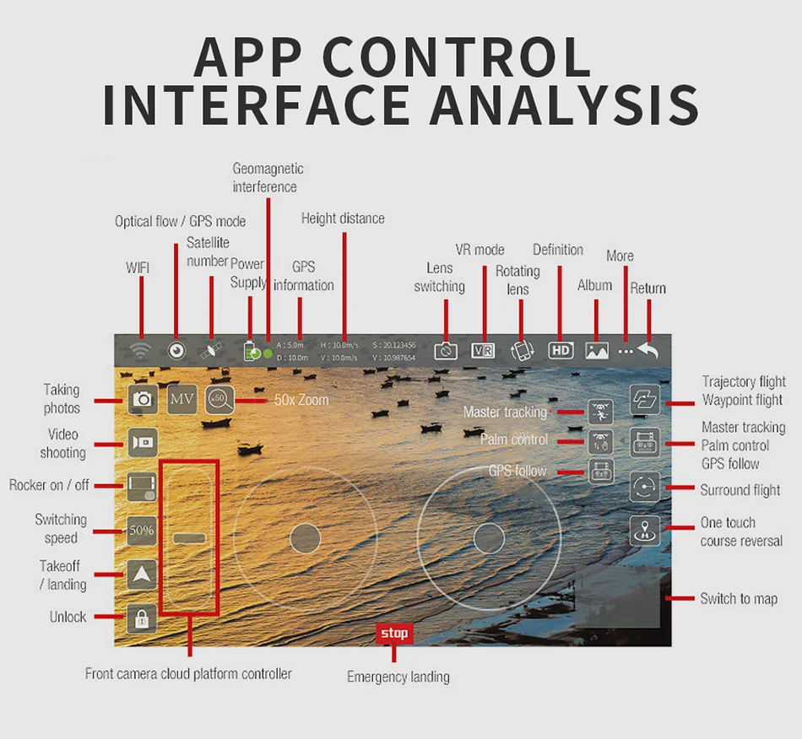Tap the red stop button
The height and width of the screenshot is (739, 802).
(394, 633)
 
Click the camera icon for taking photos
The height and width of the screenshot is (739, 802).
(143, 398)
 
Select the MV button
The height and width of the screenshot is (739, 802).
(182, 398)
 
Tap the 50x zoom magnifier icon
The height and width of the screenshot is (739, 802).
(219, 398)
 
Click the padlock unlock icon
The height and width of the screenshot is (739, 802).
(142, 619)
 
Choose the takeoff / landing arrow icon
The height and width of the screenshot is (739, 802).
(142, 575)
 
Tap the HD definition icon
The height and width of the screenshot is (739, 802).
(561, 351)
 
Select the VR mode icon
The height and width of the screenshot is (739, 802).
(483, 351)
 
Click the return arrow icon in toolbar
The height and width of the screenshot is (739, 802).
(648, 351)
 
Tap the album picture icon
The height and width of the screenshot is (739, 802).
(597, 351)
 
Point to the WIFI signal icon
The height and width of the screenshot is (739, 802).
(141, 351)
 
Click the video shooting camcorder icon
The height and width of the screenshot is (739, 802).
(143, 442)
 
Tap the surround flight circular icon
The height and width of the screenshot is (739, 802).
(645, 487)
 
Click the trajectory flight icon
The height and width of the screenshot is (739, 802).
(645, 399)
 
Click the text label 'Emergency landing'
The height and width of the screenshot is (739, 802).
(398, 677)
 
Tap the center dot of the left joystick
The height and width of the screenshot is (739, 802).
(305, 537)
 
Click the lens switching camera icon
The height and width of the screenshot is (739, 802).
(446, 351)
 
